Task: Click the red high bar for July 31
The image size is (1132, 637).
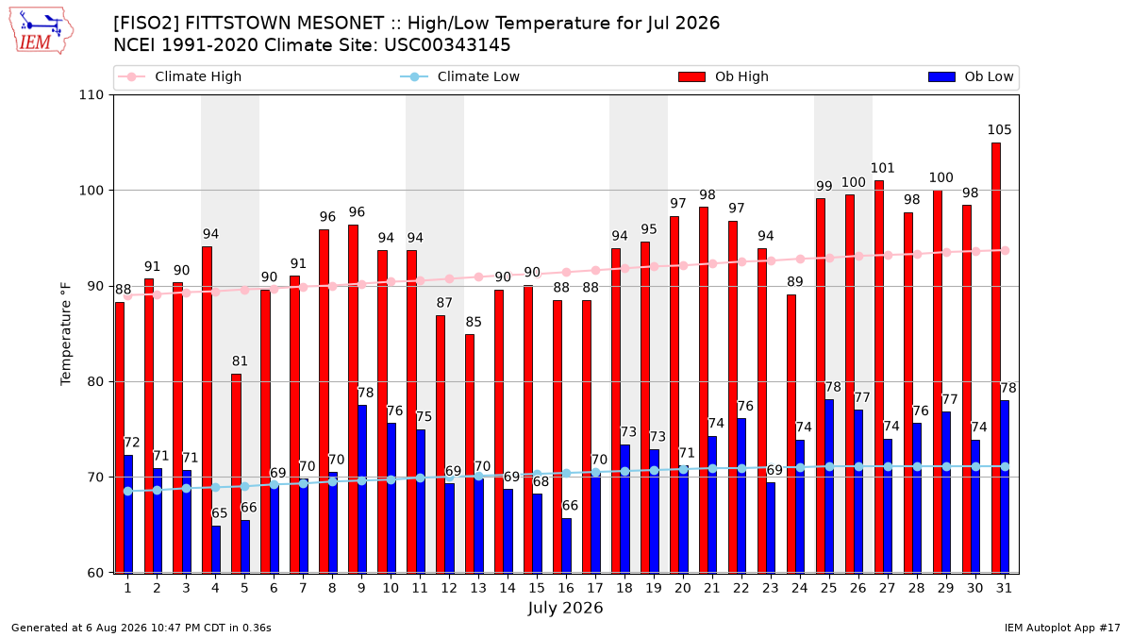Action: (x=996, y=358)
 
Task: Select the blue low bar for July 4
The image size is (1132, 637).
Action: (x=216, y=549)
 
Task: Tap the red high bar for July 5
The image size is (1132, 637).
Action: (x=236, y=473)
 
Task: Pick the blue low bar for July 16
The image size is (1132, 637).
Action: (x=567, y=545)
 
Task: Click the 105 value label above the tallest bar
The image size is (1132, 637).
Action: (x=999, y=130)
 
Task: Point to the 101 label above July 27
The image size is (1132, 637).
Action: (x=882, y=168)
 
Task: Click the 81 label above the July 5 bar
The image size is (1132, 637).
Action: (x=240, y=360)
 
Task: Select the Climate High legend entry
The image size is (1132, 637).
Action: (x=180, y=76)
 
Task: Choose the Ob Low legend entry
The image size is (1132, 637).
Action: (x=971, y=76)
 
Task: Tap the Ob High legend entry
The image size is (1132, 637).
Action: (x=724, y=76)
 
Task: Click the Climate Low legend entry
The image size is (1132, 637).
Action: (x=460, y=76)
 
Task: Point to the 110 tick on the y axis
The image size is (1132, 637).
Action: (x=91, y=95)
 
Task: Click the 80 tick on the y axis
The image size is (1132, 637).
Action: (x=95, y=381)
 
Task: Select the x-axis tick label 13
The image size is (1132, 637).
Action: (x=478, y=588)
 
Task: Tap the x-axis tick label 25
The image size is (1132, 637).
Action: (x=829, y=588)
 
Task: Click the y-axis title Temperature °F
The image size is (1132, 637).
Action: (x=66, y=334)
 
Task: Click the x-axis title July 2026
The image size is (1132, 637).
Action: (x=565, y=608)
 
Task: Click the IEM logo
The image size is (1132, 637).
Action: (x=42, y=31)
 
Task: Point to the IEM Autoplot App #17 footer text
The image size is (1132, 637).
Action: (x=1062, y=628)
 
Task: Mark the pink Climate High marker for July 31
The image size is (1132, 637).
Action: (x=1006, y=251)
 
